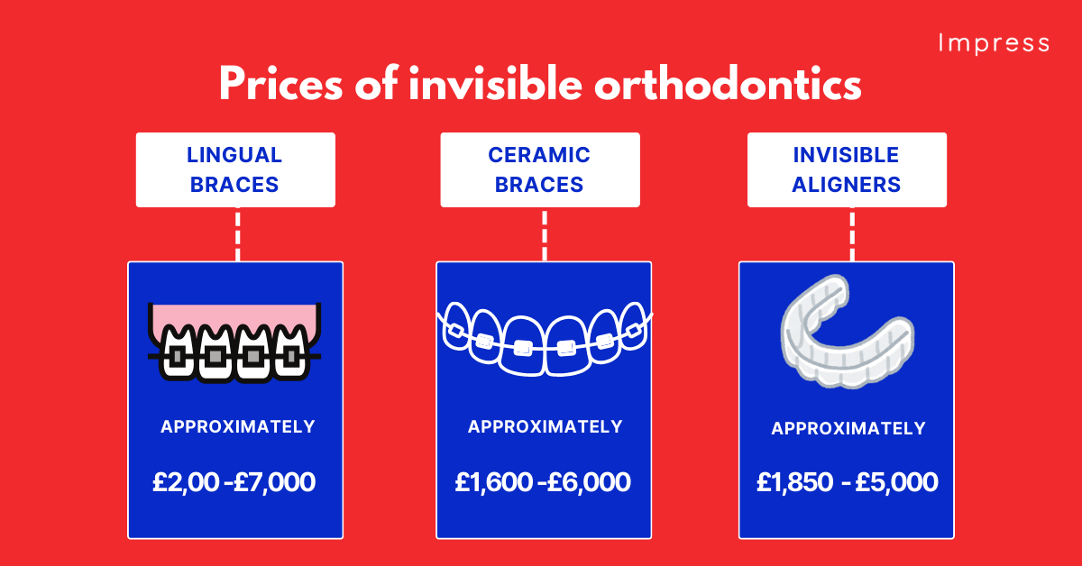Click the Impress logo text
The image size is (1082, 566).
[x=993, y=43]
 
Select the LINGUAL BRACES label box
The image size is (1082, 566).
[x=234, y=169]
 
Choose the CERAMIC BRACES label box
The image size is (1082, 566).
[x=539, y=169]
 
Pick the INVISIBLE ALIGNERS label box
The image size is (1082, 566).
[x=847, y=169]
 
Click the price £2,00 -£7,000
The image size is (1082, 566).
[x=234, y=482]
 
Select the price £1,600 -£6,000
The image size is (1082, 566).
[x=543, y=482]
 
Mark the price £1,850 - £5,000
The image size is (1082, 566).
[x=848, y=482]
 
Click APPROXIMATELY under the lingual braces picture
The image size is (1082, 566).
[x=238, y=426]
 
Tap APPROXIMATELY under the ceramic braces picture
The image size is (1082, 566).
[x=545, y=426]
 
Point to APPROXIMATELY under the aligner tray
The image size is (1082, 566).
[x=848, y=429]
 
